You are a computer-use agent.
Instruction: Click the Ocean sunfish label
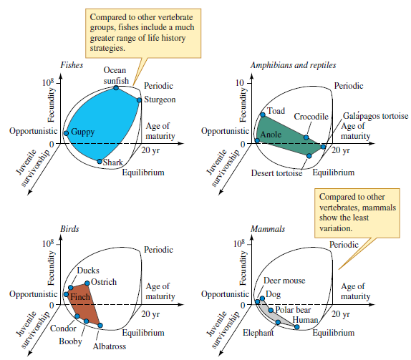(x=115, y=76)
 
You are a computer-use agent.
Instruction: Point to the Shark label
(x=113, y=163)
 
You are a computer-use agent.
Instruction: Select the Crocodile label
(x=311, y=116)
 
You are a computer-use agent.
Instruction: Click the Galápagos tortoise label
(x=376, y=115)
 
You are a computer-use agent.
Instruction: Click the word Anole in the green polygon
(x=271, y=135)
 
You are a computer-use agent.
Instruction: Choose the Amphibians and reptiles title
(x=293, y=65)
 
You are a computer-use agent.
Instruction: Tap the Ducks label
(x=88, y=271)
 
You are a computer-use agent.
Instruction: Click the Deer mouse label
(x=285, y=280)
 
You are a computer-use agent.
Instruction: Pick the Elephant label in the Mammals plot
(x=258, y=334)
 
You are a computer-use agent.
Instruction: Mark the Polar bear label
(x=293, y=310)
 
